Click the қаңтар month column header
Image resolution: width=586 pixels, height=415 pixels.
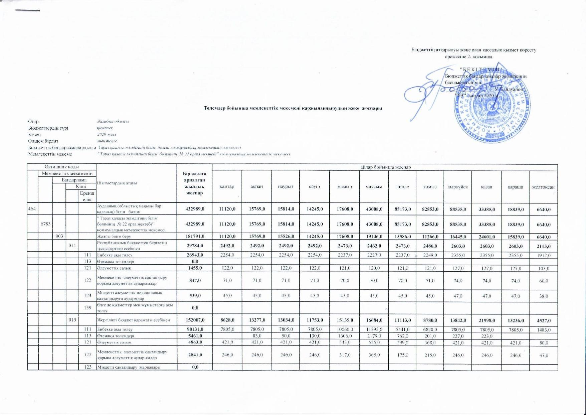coord(227,186)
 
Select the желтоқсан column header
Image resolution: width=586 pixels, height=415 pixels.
coord(543,187)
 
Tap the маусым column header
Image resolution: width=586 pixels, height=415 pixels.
coord(374,186)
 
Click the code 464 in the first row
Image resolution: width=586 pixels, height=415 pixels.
coord(32,210)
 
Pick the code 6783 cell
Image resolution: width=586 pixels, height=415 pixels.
coord(45,224)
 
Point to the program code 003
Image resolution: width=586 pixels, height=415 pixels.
coord(59,237)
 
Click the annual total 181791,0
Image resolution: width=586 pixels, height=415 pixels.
coord(195,237)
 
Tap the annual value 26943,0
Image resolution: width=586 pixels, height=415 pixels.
coord(195,255)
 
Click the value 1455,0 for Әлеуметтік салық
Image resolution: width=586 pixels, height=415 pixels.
coord(195,268)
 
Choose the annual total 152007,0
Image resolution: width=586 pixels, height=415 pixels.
coord(195,320)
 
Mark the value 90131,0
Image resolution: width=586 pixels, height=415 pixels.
coord(195,330)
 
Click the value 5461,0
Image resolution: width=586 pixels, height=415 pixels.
coord(195,336)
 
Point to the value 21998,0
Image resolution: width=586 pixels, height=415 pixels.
coord(486,320)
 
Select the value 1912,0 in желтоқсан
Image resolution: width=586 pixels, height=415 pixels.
coord(543,256)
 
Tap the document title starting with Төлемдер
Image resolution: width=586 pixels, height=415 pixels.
coord(293,108)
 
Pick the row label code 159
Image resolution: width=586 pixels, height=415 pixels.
coord(87,308)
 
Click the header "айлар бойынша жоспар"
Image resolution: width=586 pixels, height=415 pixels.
coord(385,167)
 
